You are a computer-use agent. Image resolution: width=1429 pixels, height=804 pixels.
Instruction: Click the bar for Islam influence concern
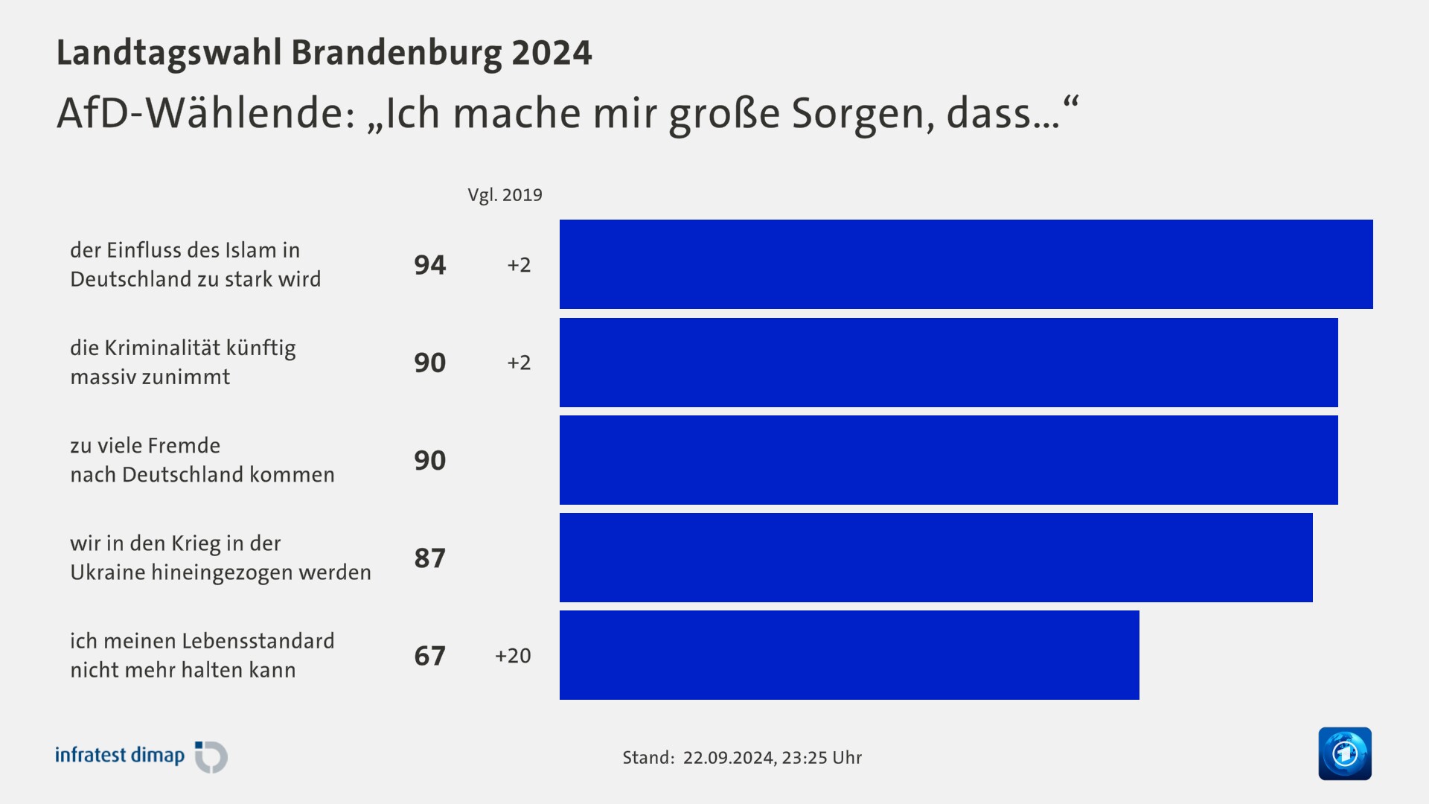966,264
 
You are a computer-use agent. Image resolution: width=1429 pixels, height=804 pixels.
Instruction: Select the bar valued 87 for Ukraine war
936,558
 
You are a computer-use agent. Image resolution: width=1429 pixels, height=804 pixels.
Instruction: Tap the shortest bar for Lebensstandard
849,655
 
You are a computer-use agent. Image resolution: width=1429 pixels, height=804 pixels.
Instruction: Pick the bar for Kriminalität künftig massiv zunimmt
948,363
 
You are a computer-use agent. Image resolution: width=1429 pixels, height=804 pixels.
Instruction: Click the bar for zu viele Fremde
948,460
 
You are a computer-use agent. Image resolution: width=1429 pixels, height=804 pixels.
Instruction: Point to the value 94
430,265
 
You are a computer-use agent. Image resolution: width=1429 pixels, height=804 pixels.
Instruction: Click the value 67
430,656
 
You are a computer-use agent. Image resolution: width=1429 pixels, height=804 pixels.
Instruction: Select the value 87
430,558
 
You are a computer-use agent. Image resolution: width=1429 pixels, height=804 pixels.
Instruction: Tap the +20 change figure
513,656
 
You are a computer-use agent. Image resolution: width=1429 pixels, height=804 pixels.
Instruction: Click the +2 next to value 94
519,265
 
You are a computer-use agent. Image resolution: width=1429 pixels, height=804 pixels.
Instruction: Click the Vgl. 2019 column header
505,195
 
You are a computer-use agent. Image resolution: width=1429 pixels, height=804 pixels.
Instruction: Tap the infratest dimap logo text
120,756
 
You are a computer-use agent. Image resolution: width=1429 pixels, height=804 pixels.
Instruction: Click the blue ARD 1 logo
1345,753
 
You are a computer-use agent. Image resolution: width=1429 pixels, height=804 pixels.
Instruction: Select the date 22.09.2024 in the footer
729,758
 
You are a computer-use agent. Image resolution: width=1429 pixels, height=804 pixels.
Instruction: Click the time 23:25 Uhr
822,758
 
